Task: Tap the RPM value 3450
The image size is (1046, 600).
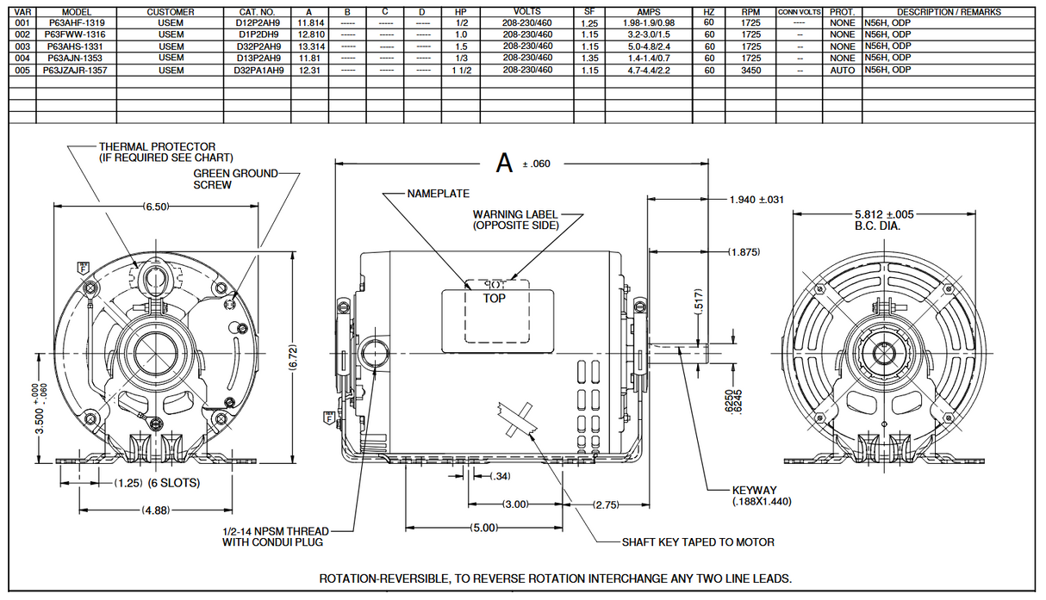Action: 750,71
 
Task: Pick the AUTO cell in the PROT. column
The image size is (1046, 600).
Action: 842,71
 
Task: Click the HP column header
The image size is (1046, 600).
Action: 460,12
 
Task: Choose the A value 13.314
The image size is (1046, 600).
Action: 310,46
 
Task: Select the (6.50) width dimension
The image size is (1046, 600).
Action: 155,207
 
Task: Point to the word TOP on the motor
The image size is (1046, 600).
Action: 494,298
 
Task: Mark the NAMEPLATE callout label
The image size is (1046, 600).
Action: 438,194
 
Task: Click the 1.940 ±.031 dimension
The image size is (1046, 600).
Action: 756,200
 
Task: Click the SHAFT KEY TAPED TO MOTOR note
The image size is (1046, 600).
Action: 697,542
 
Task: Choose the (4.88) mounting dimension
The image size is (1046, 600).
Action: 157,510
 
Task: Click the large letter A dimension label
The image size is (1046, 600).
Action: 504,163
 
